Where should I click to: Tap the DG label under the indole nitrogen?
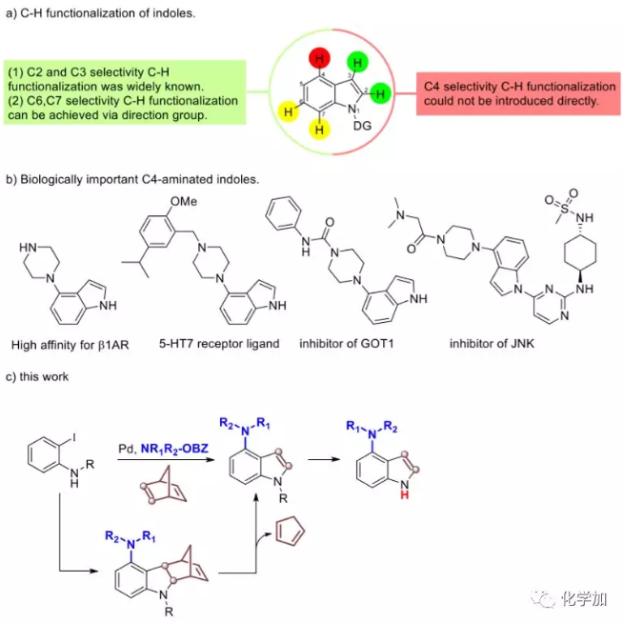362,125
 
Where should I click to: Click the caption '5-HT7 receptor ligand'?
217,343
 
